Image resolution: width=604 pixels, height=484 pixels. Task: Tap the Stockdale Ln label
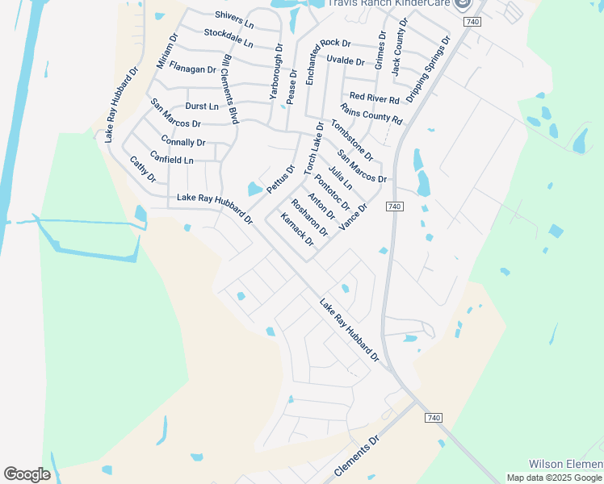229,37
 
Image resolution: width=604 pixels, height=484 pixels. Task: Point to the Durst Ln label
202,106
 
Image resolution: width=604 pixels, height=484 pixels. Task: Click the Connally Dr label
184,142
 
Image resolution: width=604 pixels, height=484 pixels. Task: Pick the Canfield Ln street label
172,160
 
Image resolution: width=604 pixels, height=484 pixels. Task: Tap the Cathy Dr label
143,169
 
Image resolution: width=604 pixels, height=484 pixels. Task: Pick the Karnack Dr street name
296,229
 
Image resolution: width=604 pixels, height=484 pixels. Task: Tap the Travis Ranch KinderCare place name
391,4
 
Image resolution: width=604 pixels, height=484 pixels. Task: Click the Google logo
27,474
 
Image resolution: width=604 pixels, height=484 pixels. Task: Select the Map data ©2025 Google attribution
555,478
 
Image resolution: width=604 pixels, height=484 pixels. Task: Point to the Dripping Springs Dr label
429,69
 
